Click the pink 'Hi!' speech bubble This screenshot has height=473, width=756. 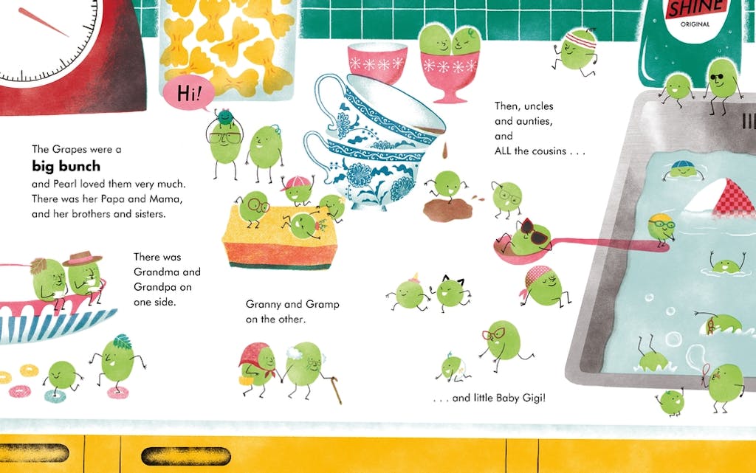coord(188,93)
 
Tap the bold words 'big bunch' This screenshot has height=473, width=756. coord(66,166)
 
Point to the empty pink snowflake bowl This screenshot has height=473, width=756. coord(377,62)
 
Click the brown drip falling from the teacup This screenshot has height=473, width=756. coord(445,150)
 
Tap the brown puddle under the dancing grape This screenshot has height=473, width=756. coord(448,210)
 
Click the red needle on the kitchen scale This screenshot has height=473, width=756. coord(44,22)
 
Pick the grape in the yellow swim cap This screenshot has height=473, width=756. coord(661,227)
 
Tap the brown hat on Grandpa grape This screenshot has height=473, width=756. coord(83,258)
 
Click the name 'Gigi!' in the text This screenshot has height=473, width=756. coord(533,398)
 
